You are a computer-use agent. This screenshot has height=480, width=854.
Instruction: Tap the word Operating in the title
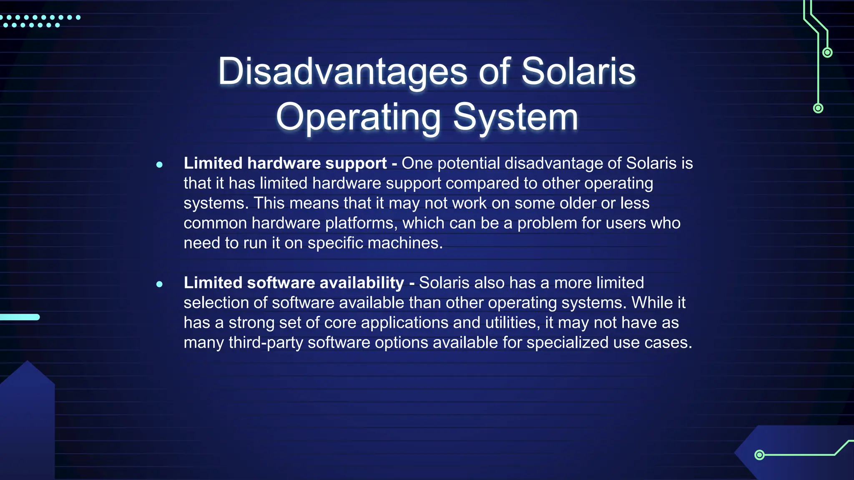(358, 117)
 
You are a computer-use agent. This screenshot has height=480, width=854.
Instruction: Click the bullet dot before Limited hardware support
(159, 165)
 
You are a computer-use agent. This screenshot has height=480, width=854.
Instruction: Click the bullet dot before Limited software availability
(159, 284)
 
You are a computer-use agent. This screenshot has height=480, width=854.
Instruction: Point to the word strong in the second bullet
(251, 322)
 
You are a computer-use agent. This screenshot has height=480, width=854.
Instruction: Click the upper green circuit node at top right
(827, 52)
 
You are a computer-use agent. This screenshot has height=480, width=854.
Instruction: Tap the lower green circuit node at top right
(818, 108)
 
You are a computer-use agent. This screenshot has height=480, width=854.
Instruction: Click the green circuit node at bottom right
(759, 455)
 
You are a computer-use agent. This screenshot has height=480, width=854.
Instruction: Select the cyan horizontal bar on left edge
(20, 317)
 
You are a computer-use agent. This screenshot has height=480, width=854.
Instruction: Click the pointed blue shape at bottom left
(28, 417)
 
